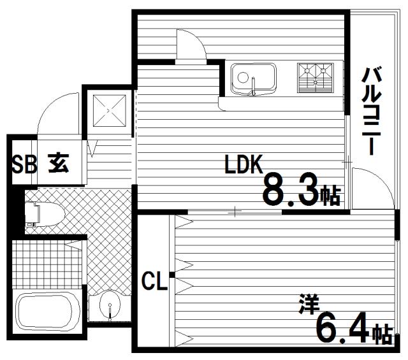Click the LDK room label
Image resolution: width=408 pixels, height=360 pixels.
click(244, 164)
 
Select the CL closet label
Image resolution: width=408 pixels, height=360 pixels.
click(154, 280)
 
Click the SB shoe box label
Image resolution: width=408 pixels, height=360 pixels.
click(24, 164)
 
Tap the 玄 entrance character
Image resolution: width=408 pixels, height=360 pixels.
click(58, 163)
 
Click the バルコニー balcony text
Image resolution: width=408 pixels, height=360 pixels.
click(371, 111)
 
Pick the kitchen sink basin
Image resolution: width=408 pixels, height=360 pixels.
click(254, 79)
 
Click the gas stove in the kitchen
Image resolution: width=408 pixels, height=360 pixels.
click(315, 78)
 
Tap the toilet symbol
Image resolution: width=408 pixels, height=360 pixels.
click(45, 215)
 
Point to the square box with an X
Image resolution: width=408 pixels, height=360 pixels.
click(109, 111)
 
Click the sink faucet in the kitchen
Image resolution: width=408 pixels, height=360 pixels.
click(254, 86)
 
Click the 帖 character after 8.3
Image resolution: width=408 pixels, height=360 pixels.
click(330, 196)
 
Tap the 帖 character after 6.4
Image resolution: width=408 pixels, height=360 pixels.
click(382, 334)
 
